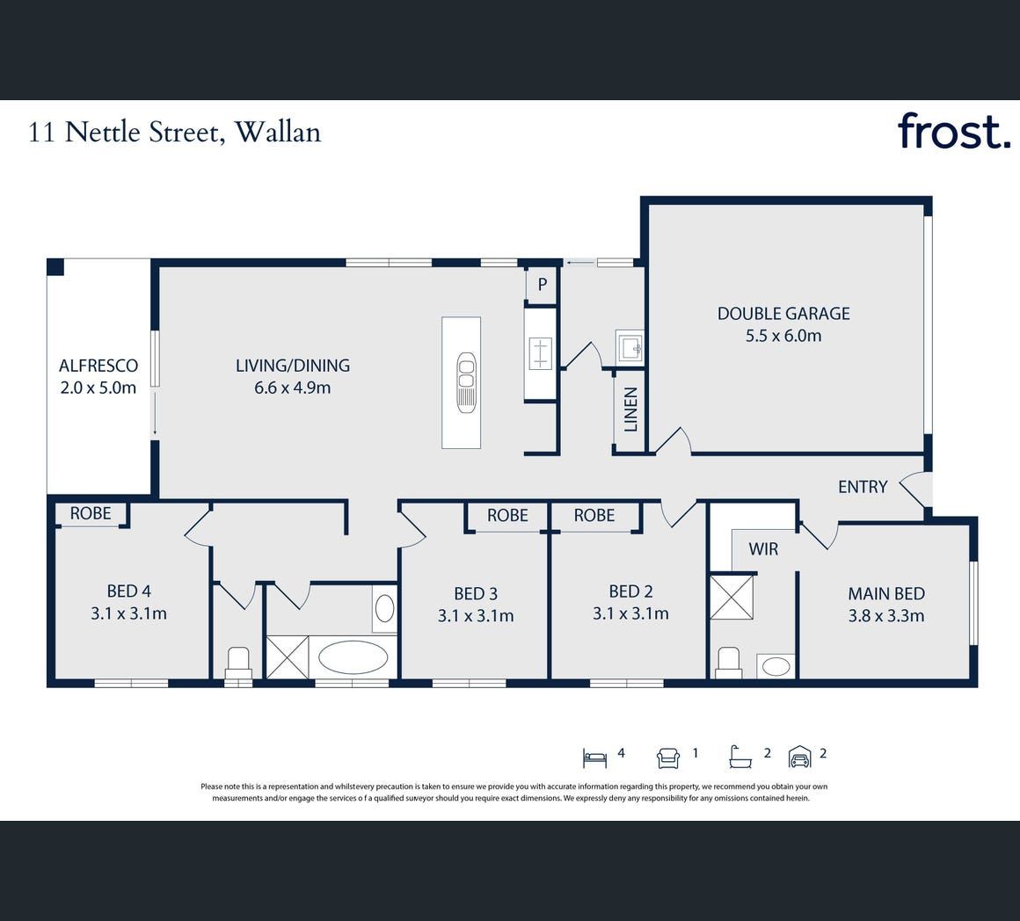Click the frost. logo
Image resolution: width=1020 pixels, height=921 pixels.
[x=954, y=131]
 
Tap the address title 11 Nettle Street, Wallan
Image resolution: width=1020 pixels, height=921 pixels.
[x=175, y=133]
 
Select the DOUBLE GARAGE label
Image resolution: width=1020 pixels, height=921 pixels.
[x=783, y=313]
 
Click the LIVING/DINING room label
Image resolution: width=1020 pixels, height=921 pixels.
[x=293, y=366]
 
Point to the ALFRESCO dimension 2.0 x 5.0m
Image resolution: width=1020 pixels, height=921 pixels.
[x=98, y=388]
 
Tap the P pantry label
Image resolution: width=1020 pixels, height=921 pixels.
[x=542, y=284]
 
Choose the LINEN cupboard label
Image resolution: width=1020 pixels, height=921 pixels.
[x=630, y=410]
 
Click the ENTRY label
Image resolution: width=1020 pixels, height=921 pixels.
[x=863, y=487]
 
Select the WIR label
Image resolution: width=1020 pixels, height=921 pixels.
[x=763, y=549]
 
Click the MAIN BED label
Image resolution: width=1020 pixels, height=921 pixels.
[x=886, y=593]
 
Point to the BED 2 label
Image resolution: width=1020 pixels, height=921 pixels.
[x=630, y=591]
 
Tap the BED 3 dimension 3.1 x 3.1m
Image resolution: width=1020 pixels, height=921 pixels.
[x=476, y=615]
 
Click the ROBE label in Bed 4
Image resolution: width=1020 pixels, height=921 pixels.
[x=91, y=513]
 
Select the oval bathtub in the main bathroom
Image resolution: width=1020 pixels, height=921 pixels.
[x=352, y=657]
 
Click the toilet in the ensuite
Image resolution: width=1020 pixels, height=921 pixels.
[x=729, y=663]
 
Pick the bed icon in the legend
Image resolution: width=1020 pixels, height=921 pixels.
[x=594, y=758]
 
